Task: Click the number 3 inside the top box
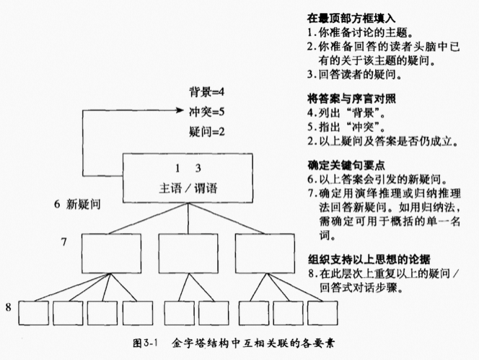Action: coord(197,168)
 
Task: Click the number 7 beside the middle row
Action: coord(63,240)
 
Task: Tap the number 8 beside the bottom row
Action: coord(9,307)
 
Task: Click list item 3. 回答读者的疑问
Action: coord(354,74)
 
